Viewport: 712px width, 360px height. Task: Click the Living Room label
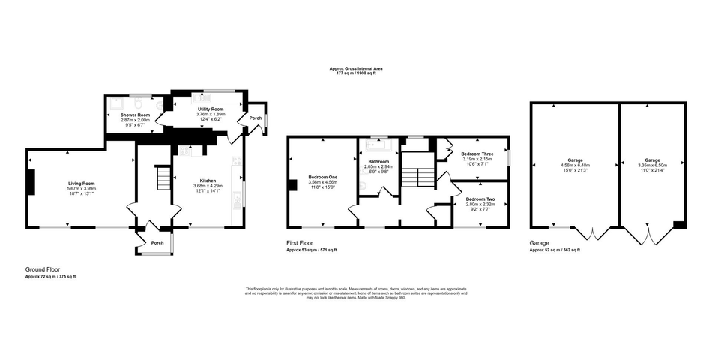point(82,183)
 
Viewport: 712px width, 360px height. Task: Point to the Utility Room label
point(210,109)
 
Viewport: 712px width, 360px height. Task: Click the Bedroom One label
point(322,177)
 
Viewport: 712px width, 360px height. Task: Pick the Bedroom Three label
point(477,154)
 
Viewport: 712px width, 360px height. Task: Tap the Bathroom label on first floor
point(378,162)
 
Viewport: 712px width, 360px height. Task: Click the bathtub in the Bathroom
point(378,146)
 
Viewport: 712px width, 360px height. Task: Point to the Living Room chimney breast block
point(31,182)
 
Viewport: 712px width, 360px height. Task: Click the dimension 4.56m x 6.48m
point(575,165)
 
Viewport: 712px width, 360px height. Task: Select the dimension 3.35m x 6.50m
point(652,165)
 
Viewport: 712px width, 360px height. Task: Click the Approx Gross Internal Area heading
point(355,68)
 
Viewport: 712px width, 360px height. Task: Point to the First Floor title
point(300,243)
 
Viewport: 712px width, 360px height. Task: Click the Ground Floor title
point(43,268)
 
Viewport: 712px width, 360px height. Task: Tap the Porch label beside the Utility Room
point(256,118)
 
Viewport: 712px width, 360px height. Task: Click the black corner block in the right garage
point(678,223)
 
